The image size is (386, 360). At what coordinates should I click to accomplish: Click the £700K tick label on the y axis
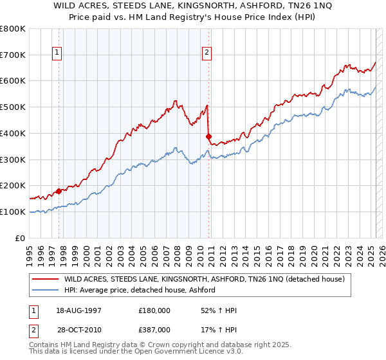(13, 55)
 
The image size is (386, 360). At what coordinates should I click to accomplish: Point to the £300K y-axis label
(13, 159)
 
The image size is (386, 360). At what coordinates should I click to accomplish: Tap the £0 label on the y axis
(21, 238)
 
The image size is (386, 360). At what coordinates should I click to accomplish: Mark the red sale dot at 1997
(59, 191)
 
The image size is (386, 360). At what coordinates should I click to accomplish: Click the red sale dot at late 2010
(208, 136)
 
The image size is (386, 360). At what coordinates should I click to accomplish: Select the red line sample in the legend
(45, 279)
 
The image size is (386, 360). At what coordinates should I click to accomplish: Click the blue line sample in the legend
(45, 291)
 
